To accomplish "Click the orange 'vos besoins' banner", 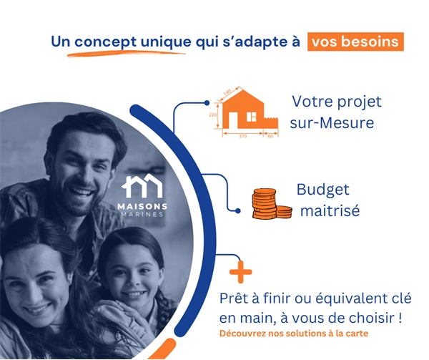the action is (x=355, y=42).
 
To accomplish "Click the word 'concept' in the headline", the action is (x=105, y=42).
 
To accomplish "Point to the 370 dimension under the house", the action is (x=242, y=136).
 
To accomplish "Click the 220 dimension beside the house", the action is (x=212, y=115).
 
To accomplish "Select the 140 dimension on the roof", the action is (x=227, y=92).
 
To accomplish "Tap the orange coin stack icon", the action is (x=272, y=203).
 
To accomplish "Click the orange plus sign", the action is (x=240, y=272).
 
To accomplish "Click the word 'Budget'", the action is (x=323, y=190).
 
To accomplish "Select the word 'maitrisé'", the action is (x=330, y=211).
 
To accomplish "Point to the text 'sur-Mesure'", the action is (x=332, y=122).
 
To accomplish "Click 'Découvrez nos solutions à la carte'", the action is (x=294, y=334).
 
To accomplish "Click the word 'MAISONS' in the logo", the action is (x=142, y=206).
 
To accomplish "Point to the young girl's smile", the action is (x=134, y=294).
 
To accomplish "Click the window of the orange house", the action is (x=251, y=117).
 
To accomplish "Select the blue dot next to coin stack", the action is (x=238, y=211).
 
